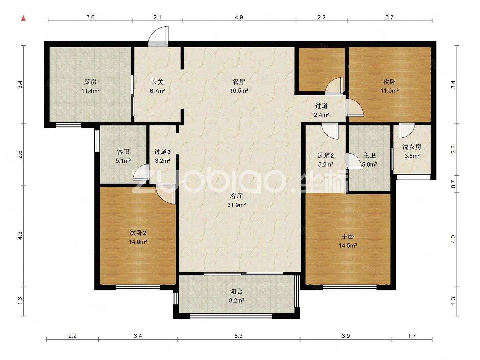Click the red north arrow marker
coord(23,18)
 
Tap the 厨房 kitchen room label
coord(90,82)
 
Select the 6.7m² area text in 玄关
coord(157,91)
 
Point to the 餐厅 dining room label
coord(239,82)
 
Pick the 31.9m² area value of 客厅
coord(236,205)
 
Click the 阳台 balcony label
coord(236,291)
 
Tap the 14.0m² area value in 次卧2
coord(138,242)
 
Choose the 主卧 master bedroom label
coord(348,236)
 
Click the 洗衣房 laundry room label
coord(412,147)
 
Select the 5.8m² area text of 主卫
coord(370,164)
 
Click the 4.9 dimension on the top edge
coord(239,17)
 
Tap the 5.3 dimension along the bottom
coord(238,336)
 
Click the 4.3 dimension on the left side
coord(20,235)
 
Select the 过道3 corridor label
coord(162,151)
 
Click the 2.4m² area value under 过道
coord(321,115)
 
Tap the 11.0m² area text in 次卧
coord(389,90)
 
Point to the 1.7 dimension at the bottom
coord(412,336)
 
